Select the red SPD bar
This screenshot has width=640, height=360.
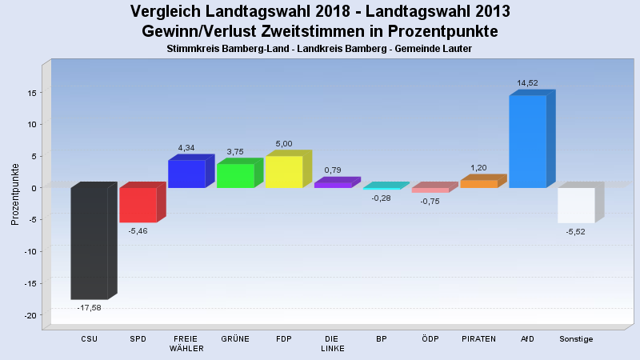[138, 205]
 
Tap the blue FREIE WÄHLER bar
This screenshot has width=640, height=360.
[186, 174]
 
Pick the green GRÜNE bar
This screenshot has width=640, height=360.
[235, 175]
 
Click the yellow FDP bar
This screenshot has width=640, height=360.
[283, 172]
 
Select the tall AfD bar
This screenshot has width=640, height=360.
[527, 141]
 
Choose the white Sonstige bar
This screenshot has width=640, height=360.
[576, 205]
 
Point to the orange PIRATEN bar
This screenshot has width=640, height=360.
[478, 184]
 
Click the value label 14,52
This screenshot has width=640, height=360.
[527, 82]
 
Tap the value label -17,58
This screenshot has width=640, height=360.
[89, 307]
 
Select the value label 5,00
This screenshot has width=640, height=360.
[283, 143]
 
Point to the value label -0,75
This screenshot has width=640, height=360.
[430, 201]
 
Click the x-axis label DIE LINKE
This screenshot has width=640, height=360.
[332, 343]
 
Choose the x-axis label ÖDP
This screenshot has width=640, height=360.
[430, 339]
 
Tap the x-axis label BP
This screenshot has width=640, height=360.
[381, 339]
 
